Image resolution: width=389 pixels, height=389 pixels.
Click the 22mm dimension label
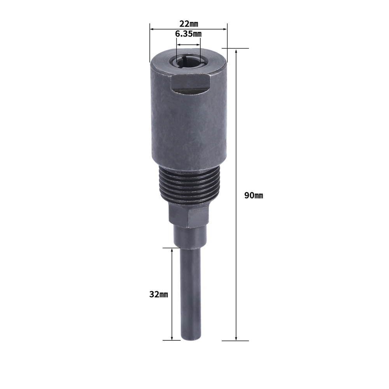189,24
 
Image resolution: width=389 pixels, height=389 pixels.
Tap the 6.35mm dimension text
188,34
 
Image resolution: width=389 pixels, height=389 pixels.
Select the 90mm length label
254,196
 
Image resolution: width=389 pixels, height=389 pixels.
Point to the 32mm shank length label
159,294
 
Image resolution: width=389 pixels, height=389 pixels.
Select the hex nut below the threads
189,214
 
